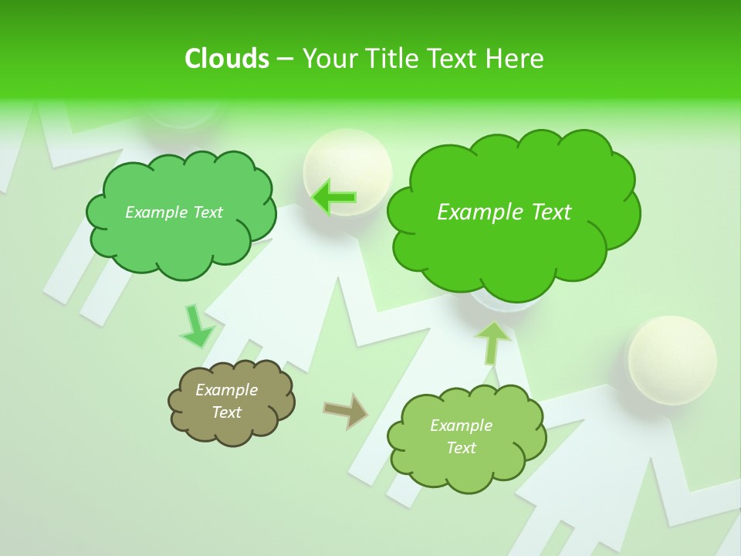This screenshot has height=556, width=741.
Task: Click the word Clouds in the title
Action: pyautogui.click(x=226, y=59)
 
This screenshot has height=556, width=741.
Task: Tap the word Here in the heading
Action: pyautogui.click(x=515, y=59)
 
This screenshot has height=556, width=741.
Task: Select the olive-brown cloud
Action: pyautogui.click(x=231, y=402)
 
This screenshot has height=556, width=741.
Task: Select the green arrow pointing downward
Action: pyautogui.click(x=195, y=327)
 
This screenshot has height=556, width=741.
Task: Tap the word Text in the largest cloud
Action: pyautogui.click(x=549, y=212)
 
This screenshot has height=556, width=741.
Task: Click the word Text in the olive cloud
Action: pyautogui.click(x=227, y=412)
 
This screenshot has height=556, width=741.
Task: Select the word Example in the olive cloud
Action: pyautogui.click(x=227, y=390)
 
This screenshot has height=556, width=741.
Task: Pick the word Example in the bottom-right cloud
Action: pyautogui.click(x=461, y=425)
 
